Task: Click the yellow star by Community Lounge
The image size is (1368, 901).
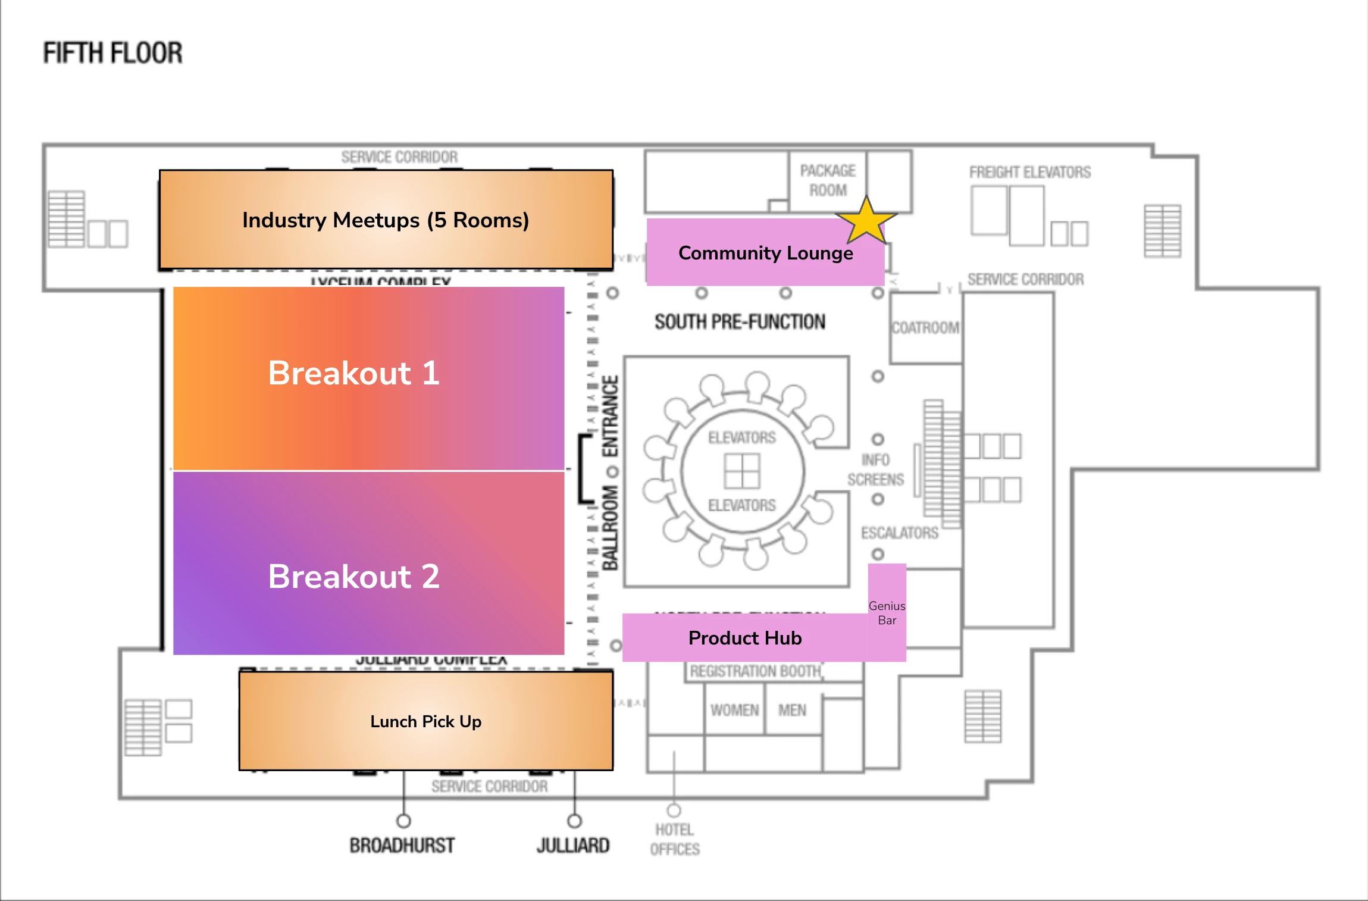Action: pos(866,221)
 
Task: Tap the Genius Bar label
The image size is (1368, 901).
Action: pos(887,613)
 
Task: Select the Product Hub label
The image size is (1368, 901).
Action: pos(745,638)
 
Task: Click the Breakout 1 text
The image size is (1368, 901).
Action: pos(354,373)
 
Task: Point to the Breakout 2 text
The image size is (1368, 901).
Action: pos(354,576)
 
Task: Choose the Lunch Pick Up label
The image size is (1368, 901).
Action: pos(426,721)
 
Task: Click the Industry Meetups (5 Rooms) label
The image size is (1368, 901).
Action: pos(386,220)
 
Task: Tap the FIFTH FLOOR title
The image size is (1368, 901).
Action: pos(112,53)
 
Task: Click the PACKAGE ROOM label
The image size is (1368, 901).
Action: pos(828,180)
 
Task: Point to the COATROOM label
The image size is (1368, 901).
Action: pos(925,328)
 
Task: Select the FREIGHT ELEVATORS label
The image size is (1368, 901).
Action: pos(1030,173)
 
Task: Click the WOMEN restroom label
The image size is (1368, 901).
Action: pos(734,710)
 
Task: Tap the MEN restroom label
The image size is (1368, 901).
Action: pos(792,710)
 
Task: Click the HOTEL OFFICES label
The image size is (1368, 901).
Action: pos(675,839)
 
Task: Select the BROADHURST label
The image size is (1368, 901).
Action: pos(402,845)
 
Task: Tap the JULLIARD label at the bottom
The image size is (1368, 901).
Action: pos(573,845)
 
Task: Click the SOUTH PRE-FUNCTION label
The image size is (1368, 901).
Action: pos(740,322)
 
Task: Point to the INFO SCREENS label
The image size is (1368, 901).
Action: pos(875,470)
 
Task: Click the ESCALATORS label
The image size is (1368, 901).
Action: pos(900,533)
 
